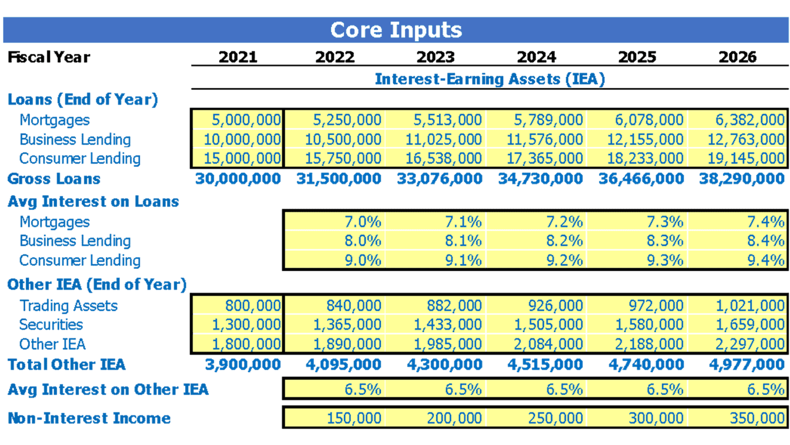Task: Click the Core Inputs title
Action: (396, 31)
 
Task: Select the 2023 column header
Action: (436, 57)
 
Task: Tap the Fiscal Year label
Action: (49, 57)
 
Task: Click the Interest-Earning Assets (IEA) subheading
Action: (490, 79)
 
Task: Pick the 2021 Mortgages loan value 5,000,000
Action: (246, 120)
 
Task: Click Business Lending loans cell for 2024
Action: (544, 139)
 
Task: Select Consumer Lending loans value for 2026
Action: (746, 159)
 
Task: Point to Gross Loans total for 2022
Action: (338, 179)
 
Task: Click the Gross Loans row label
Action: (54, 179)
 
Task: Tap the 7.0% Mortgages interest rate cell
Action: (363, 222)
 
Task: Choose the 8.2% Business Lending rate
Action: (564, 241)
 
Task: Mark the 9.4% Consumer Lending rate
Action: (766, 260)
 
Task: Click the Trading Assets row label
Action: (68, 306)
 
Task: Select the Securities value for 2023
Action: (448, 324)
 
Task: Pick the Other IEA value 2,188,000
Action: (649, 344)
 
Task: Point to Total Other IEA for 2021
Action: (243, 365)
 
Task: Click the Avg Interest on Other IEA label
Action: (108, 390)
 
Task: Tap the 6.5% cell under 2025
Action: (665, 390)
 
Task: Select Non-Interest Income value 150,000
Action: (354, 418)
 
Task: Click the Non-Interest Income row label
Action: (89, 418)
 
